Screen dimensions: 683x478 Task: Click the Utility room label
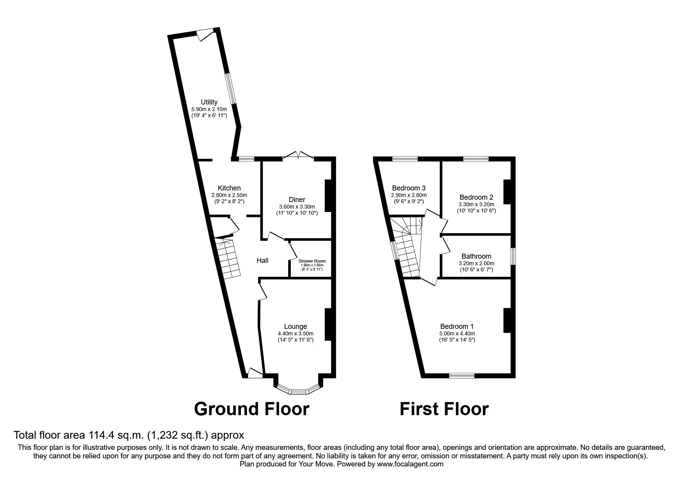coord(209,102)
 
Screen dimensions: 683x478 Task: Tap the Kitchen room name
coord(229,188)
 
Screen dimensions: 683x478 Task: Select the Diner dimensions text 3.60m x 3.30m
coord(297,206)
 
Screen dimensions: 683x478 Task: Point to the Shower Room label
coord(312,261)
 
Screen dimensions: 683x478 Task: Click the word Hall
coord(263,261)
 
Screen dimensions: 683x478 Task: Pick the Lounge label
coord(295,327)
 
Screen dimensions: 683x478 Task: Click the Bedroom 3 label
coord(409,188)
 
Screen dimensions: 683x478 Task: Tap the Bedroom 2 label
coord(477,197)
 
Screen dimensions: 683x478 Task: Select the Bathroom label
coord(476,256)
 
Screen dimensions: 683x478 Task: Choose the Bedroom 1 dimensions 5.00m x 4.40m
coord(457,334)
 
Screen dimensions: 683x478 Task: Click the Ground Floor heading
coord(251,409)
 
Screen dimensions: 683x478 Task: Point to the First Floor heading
coord(444,409)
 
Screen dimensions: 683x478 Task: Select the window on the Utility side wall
coord(231,89)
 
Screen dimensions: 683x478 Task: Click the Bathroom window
coord(513,256)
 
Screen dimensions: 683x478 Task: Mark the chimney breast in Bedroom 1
coord(507,320)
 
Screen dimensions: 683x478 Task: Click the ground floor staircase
coord(227,257)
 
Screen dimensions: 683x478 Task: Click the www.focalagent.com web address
coord(410,464)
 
